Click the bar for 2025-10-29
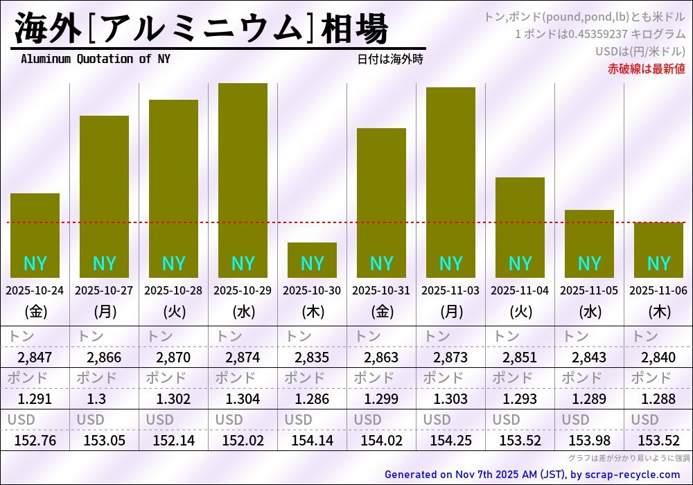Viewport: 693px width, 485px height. point(243,180)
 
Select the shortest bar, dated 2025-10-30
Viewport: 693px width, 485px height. point(312,260)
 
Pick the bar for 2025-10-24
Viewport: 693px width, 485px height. point(35,236)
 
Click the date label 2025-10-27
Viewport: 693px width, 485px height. point(104,291)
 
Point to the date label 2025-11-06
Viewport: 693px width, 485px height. point(658,291)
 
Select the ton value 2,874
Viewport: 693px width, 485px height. point(243,358)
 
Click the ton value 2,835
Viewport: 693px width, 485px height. point(312,358)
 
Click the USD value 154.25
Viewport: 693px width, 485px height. point(450,440)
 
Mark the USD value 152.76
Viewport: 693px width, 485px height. point(35,440)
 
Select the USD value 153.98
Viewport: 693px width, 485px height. point(589,440)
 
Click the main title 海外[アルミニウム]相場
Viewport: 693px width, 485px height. point(201,29)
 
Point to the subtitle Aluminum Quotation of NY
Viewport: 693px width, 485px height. point(95,59)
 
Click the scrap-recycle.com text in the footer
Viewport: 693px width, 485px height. point(633,475)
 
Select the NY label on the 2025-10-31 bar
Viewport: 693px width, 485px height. point(381,263)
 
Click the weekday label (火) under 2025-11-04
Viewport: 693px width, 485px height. point(520,312)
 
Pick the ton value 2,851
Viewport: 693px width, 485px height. point(520,358)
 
